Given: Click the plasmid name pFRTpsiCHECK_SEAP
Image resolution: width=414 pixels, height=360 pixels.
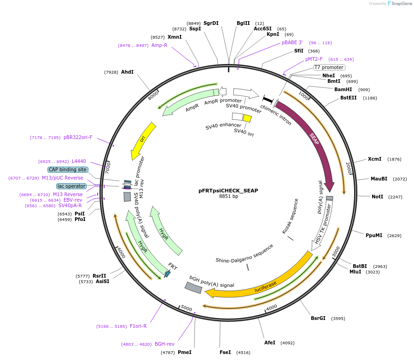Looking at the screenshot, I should (228, 190).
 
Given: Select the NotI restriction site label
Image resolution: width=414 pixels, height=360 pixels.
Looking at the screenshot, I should (377, 197).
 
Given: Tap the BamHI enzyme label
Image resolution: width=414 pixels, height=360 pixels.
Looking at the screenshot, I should (343, 89).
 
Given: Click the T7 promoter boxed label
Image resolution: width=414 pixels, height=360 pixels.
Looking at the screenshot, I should (329, 67).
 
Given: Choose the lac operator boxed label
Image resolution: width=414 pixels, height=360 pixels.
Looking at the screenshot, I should (71, 186).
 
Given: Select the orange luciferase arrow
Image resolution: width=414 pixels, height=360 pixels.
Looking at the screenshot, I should (265, 285).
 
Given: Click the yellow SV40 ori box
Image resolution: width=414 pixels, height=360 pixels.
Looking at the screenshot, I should (247, 118).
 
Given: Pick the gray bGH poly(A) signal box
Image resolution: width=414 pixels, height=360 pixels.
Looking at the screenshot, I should (193, 288).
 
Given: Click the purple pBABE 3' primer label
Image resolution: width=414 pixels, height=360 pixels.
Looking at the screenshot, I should (292, 42).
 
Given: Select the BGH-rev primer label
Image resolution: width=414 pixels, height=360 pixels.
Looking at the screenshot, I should (164, 344).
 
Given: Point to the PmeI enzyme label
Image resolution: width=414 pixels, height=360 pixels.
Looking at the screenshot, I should (184, 352).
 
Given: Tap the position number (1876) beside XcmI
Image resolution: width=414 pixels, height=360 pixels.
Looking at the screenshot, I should (394, 159).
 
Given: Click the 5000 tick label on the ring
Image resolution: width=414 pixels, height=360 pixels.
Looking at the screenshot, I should (186, 307).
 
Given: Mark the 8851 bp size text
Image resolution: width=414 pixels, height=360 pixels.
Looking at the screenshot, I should (228, 197).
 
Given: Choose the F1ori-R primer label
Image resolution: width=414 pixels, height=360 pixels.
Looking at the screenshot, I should (138, 326).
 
